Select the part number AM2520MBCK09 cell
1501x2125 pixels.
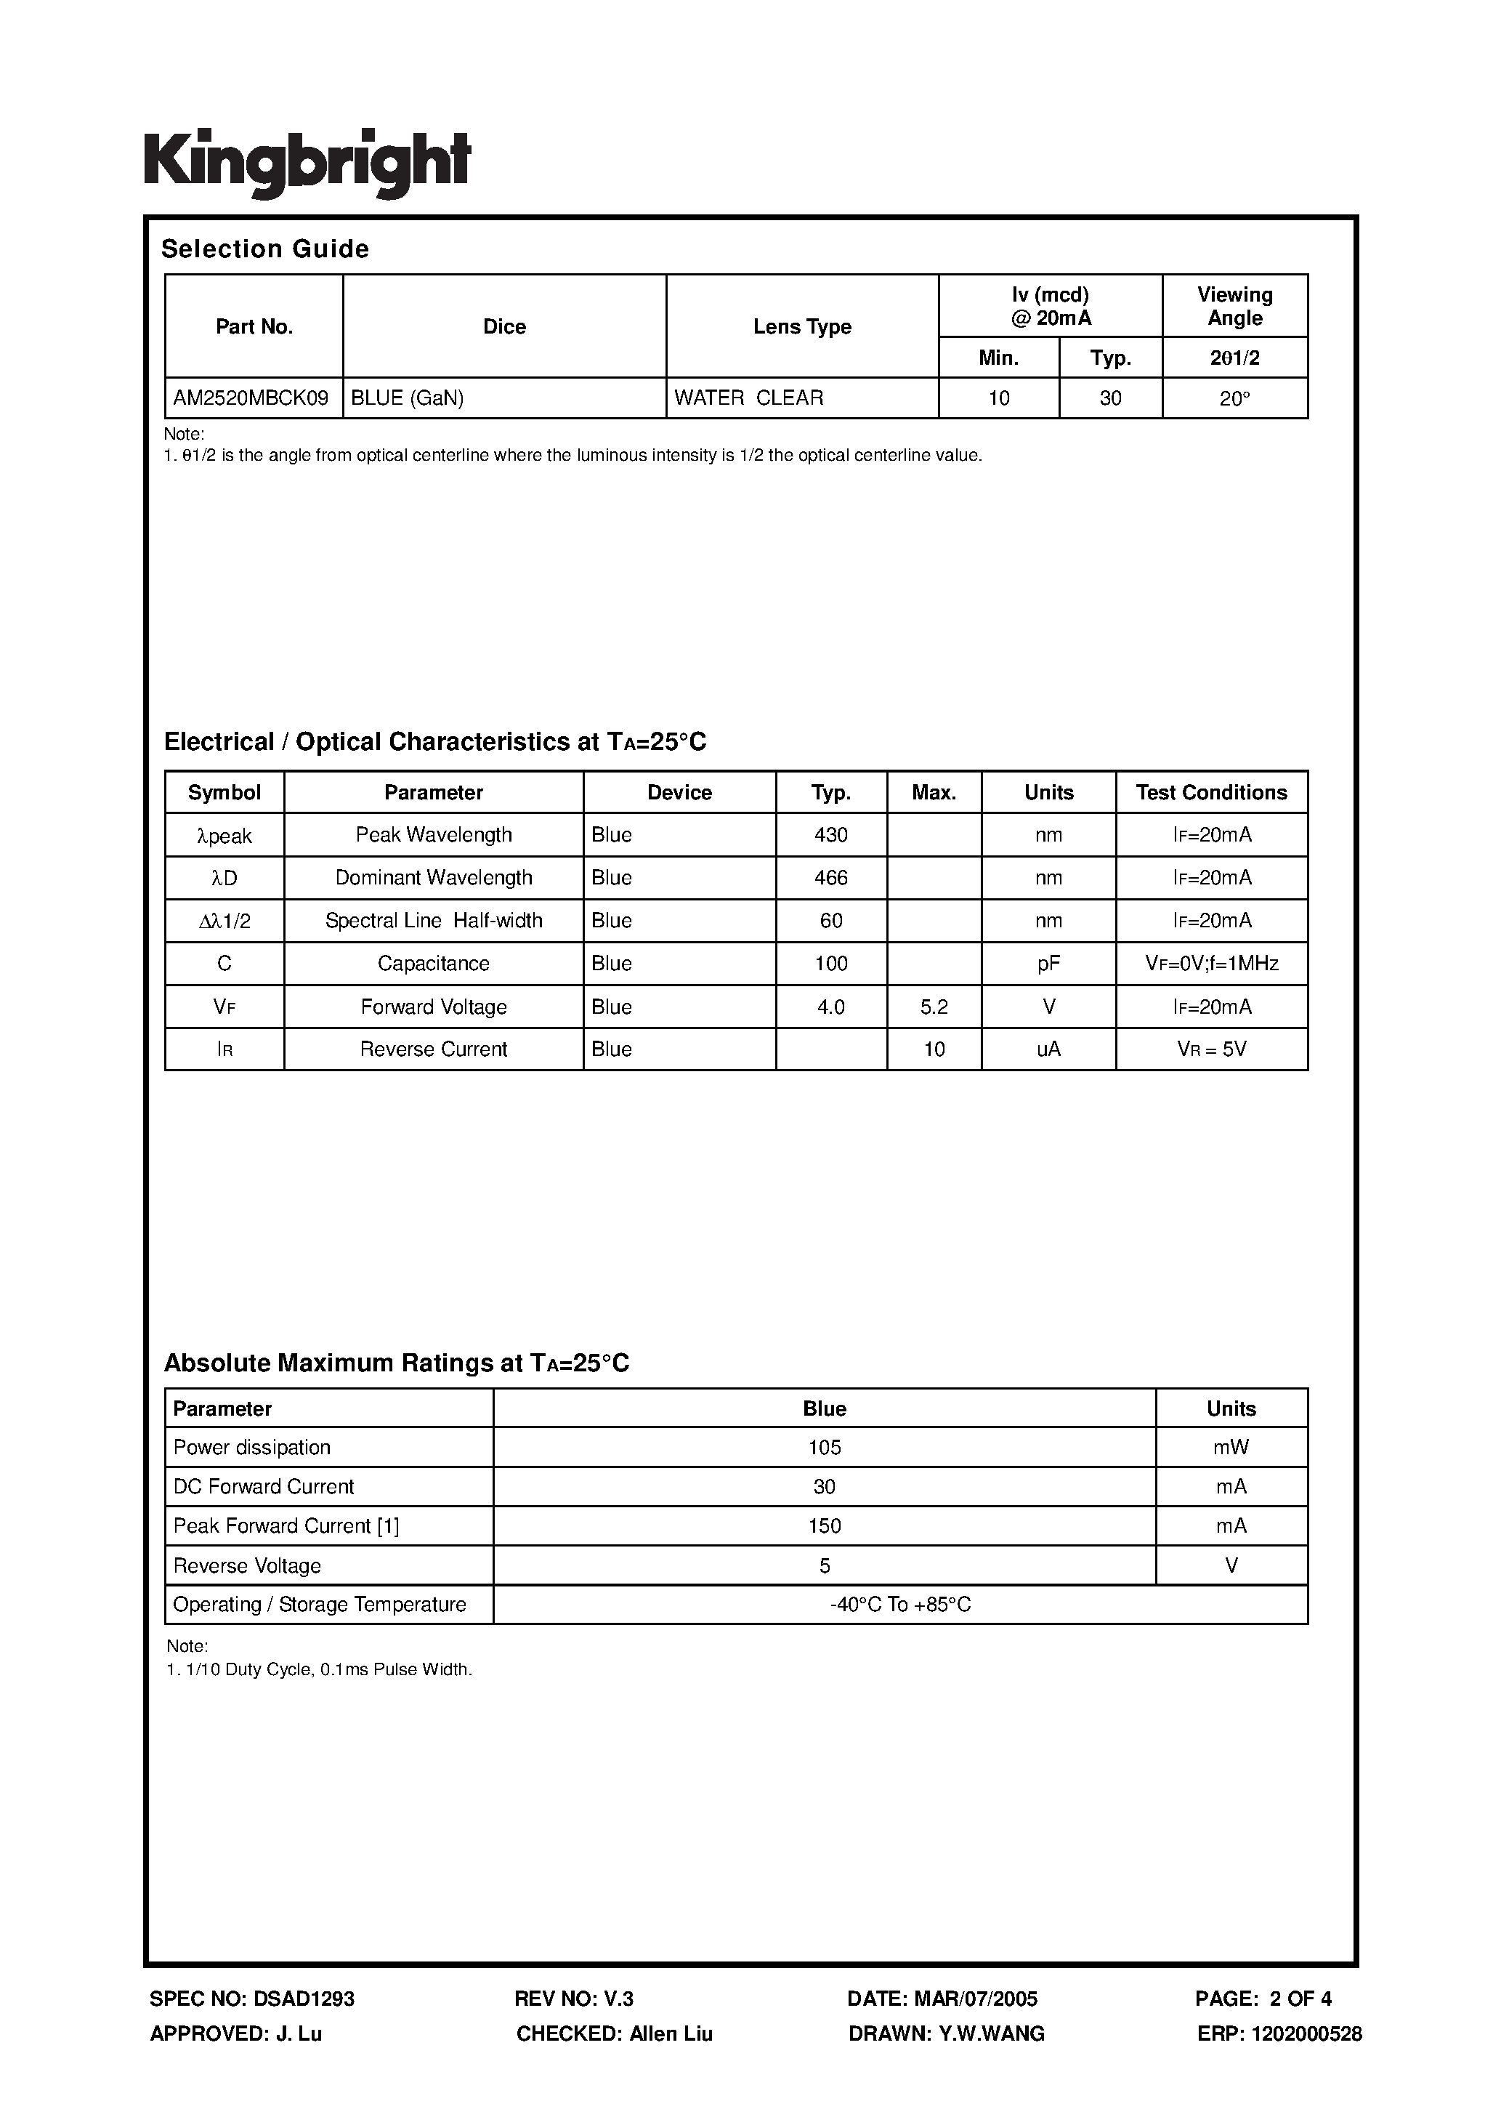pyautogui.click(x=251, y=398)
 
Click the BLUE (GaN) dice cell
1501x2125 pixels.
pyautogui.click(x=408, y=398)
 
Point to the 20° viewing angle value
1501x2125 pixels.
pyautogui.click(x=1234, y=399)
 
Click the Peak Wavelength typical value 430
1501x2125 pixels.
pyautogui.click(x=831, y=835)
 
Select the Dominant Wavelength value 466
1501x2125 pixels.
pyautogui.click(x=831, y=877)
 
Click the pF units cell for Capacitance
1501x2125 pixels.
pyautogui.click(x=1048, y=964)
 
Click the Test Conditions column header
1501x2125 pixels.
pyautogui.click(x=1211, y=792)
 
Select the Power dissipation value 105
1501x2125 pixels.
pyautogui.click(x=825, y=1448)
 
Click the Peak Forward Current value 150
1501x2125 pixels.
pyautogui.click(x=825, y=1526)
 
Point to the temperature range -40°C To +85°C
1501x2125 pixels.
pyautogui.click(x=900, y=1605)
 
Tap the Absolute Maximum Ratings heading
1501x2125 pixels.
pyautogui.click(x=396, y=1363)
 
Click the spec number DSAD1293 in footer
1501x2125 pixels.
pyautogui.click(x=304, y=1999)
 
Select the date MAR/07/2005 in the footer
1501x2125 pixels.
pyautogui.click(x=976, y=1999)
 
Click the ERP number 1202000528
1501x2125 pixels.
pyautogui.click(x=1306, y=2033)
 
